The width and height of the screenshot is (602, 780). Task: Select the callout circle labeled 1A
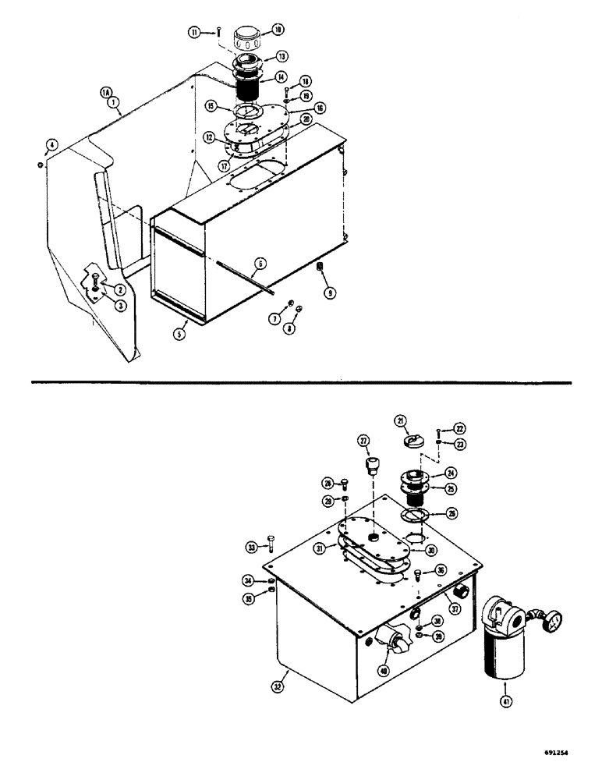(x=106, y=91)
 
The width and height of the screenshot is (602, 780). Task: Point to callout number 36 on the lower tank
(x=441, y=570)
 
